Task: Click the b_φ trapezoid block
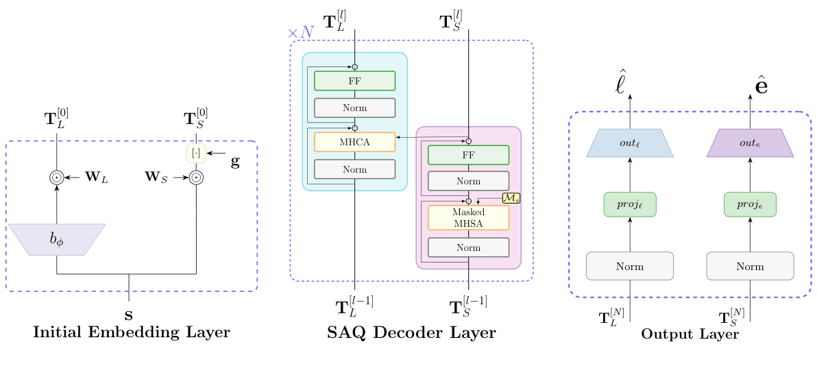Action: (56, 240)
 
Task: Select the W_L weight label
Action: (97, 178)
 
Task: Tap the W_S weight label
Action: (157, 178)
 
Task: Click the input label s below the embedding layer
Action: (128, 317)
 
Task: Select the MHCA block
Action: (354, 142)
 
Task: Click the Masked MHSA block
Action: (468, 217)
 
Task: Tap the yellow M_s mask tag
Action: (511, 198)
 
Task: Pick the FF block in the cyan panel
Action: (354, 81)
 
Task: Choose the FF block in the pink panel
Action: (468, 155)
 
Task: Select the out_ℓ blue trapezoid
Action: (630, 143)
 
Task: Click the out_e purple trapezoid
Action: (750, 143)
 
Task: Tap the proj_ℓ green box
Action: (630, 204)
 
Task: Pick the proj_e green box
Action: (750, 204)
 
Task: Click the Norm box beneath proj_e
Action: (750, 266)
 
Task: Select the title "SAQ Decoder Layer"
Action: (411, 333)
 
